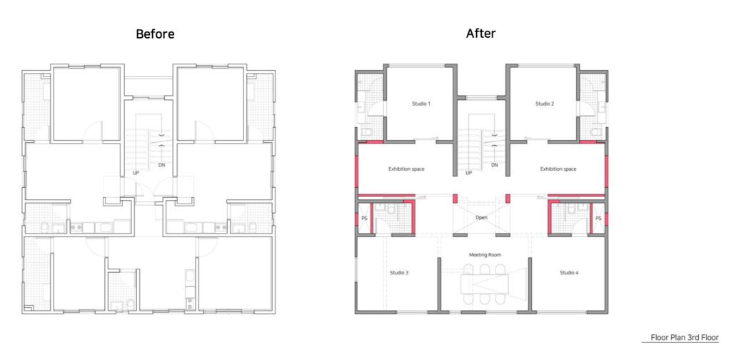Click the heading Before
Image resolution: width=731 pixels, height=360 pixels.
155,34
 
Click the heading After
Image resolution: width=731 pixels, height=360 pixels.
480,34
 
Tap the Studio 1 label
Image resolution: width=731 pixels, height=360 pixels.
421,104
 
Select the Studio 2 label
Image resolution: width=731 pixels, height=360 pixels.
545,104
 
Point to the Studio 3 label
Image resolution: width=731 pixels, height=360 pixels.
400,272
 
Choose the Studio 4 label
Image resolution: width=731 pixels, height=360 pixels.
569,272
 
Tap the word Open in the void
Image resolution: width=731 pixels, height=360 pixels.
482,218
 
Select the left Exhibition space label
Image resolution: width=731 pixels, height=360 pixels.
406,169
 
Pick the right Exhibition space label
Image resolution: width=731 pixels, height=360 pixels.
558,169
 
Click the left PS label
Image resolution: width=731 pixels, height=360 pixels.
363,219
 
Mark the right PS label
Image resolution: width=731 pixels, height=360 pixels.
599,219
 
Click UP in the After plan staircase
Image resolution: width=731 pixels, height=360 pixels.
469,173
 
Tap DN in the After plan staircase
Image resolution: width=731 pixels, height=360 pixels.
495,165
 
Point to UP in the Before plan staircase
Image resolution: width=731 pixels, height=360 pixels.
136,173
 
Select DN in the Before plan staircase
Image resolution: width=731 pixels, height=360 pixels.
161,165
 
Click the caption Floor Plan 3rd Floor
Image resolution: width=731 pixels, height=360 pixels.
685,337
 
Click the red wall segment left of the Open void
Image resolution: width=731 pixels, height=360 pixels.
455,198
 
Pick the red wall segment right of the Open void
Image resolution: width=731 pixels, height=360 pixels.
508,198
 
